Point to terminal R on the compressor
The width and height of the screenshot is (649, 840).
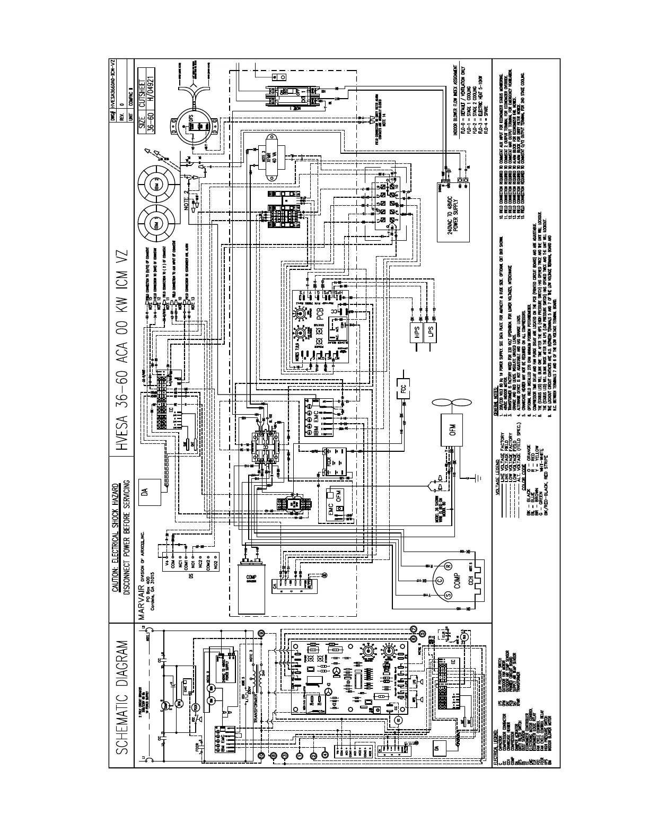[x=449, y=567]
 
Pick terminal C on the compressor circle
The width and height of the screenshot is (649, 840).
[x=438, y=581]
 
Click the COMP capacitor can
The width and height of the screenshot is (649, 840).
[x=245, y=582]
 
